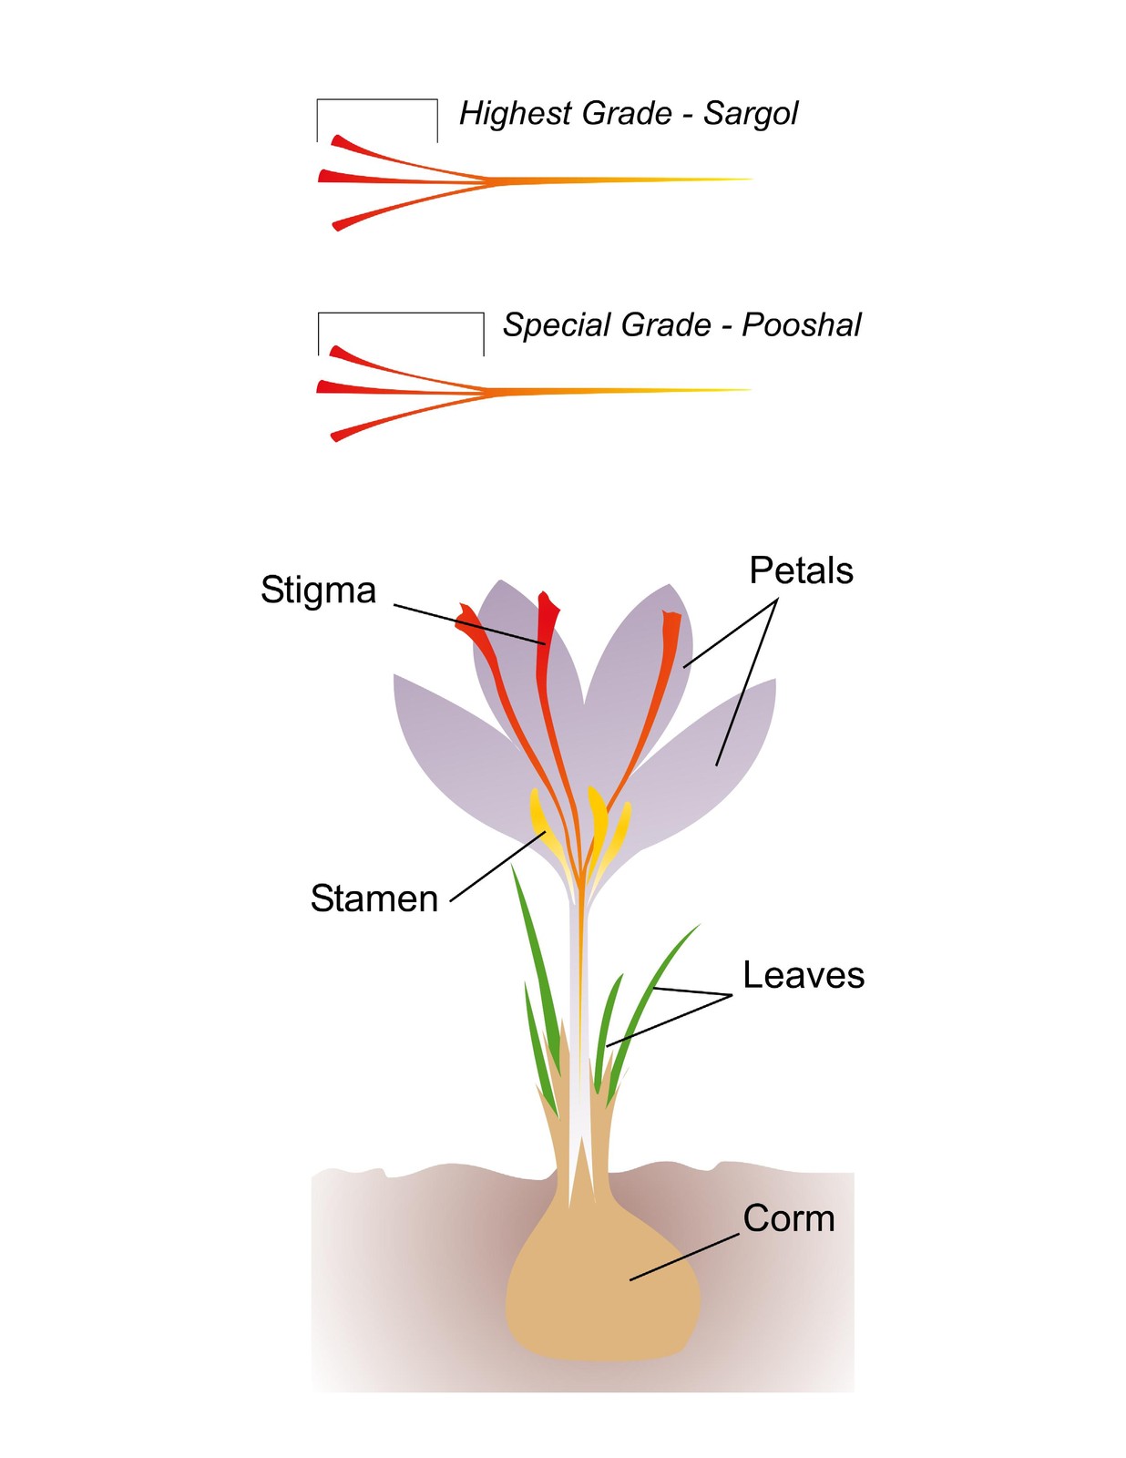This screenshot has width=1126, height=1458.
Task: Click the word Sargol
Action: click(750, 114)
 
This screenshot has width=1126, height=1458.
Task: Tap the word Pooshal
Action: click(801, 325)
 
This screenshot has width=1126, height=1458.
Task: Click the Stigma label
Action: click(318, 590)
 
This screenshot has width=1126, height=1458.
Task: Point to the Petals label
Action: click(801, 571)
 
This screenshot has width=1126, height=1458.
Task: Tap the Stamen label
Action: click(374, 898)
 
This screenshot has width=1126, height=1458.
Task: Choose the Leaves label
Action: click(804, 976)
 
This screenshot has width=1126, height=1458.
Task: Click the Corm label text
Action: click(789, 1218)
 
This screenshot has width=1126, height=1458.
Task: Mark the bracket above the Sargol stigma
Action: click(377, 100)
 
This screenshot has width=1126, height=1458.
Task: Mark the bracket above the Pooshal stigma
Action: click(400, 313)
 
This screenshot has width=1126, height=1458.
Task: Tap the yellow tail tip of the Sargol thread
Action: click(751, 180)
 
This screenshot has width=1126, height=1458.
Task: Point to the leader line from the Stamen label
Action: click(497, 867)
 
